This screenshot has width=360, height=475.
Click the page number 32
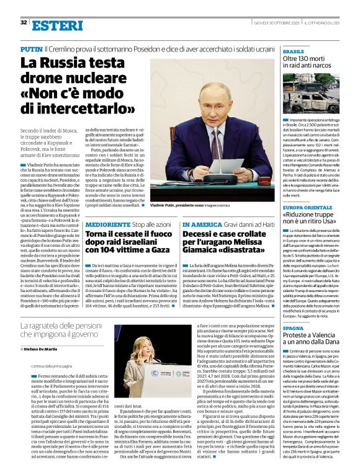pyautogui.click(x=24, y=22)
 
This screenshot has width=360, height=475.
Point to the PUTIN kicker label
pyautogui.click(x=31, y=48)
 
